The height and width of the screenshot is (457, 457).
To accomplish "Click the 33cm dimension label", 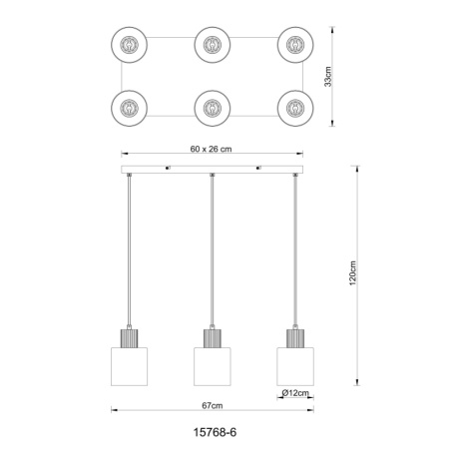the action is (328, 77).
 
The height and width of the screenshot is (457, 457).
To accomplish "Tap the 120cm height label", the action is (353, 273).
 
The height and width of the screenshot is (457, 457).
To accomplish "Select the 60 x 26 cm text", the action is (211, 149).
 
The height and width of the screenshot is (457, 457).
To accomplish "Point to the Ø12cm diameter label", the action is (295, 393).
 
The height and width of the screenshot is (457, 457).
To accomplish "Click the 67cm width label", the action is (213, 405).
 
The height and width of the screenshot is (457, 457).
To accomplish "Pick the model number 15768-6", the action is (215, 432).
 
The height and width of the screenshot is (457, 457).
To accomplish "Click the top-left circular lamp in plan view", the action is (130, 45).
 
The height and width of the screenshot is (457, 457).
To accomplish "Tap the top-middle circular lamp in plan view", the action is (213, 45).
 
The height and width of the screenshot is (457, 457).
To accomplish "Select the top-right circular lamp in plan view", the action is (295, 45).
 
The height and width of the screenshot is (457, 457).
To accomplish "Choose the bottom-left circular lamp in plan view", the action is (130, 108).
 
